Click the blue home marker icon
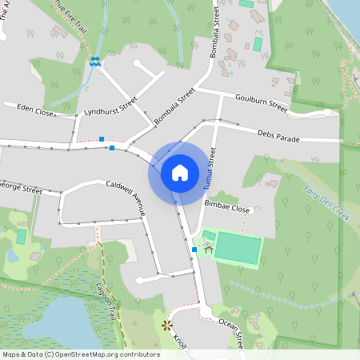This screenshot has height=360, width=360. coord(180,172)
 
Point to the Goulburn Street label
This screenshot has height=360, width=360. coord(261,102)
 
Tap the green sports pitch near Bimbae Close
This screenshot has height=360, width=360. coord(238,248)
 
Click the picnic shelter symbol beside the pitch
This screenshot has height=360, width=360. coord(208,249)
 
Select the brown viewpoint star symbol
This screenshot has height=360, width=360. coord(166,324)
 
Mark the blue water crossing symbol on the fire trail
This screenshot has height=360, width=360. coord(95,61)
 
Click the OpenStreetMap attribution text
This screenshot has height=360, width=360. coord(80,354)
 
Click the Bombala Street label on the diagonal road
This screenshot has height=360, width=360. coord(174,106)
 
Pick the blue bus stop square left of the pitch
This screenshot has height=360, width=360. coord(194,250)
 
